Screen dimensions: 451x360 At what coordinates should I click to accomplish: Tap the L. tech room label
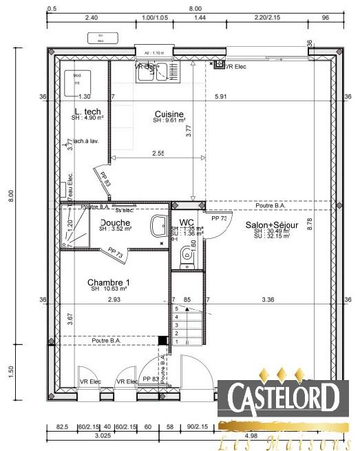(87, 112)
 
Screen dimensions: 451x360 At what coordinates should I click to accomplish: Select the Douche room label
(115, 222)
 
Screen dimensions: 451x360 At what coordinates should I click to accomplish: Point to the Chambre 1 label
(108, 282)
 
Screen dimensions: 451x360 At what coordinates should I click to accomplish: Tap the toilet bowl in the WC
(186, 257)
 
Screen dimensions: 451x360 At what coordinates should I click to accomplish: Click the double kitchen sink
(158, 72)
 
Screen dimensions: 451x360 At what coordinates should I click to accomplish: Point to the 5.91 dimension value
(220, 97)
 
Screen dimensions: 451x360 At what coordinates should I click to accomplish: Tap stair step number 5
(176, 310)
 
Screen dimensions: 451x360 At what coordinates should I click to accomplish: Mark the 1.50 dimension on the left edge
(10, 371)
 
